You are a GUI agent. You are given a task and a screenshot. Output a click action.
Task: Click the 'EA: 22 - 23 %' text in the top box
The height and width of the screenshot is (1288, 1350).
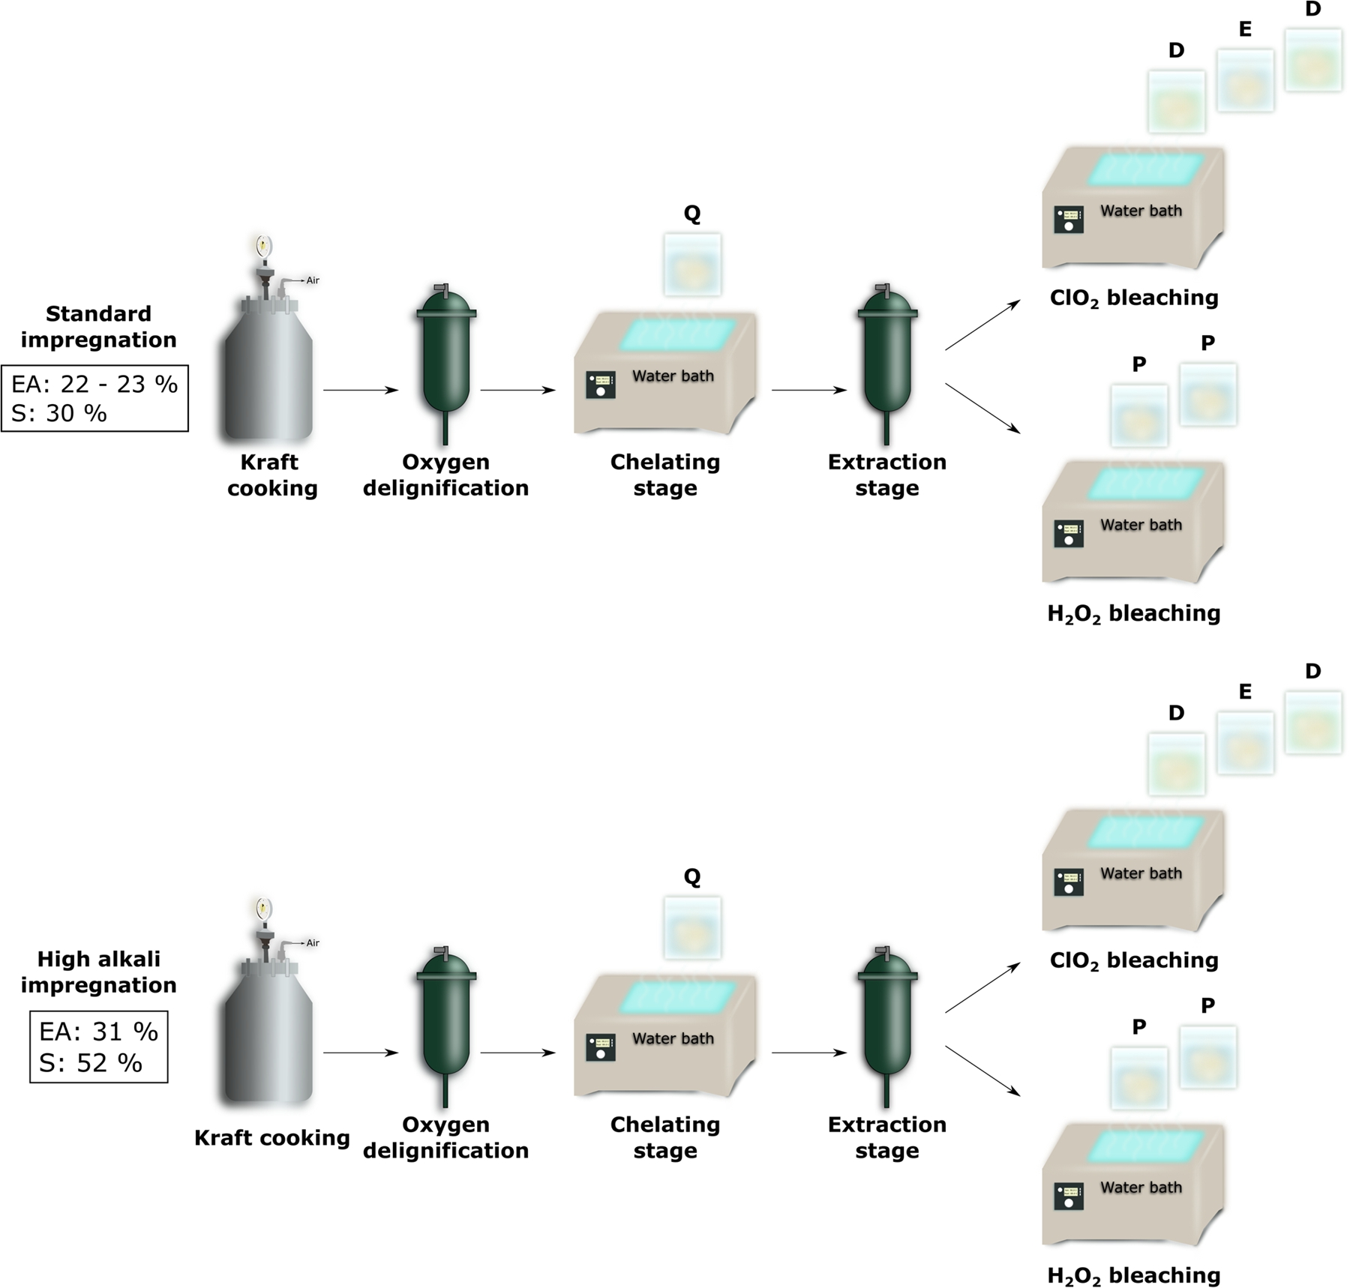tap(94, 384)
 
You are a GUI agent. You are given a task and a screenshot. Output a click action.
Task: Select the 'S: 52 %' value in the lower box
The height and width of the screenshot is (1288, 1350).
tap(91, 1062)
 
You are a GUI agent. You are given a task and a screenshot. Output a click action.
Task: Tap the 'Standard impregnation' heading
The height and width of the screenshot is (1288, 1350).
tap(98, 326)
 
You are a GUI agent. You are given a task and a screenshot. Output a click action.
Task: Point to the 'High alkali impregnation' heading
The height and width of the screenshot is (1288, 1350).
tap(98, 972)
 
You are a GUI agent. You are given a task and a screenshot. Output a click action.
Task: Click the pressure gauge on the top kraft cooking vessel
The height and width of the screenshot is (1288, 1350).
tap(263, 245)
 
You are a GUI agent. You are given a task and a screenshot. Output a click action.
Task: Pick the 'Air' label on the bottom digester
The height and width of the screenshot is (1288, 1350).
tap(313, 943)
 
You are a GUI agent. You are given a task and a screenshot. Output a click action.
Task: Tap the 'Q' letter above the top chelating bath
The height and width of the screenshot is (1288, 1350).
tap(692, 214)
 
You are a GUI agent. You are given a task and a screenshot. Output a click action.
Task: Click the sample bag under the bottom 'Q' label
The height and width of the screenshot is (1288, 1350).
tap(692, 928)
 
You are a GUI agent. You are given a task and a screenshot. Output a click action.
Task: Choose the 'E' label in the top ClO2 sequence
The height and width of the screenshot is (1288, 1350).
tap(1245, 30)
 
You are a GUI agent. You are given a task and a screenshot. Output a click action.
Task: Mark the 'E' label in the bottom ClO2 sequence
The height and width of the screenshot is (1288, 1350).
tap(1245, 692)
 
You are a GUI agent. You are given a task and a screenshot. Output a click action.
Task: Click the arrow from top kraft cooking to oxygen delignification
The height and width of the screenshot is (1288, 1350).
tap(360, 390)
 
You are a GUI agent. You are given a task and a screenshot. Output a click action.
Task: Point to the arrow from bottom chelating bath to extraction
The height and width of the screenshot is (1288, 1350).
tap(808, 1053)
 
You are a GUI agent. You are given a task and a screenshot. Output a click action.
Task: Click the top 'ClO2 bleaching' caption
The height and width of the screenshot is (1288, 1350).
tap(1134, 298)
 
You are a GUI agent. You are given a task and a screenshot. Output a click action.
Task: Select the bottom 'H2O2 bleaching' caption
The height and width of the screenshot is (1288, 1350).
tap(1134, 1275)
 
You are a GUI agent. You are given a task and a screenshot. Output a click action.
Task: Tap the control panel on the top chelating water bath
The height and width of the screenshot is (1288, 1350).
tap(601, 385)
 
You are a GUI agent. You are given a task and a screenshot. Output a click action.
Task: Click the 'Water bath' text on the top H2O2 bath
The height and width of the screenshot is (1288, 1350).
tap(1141, 525)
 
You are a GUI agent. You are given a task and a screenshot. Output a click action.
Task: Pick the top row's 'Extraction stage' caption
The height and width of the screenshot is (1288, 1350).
tap(887, 475)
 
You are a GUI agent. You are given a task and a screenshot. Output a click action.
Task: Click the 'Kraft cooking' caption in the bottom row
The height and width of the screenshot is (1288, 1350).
tap(272, 1138)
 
